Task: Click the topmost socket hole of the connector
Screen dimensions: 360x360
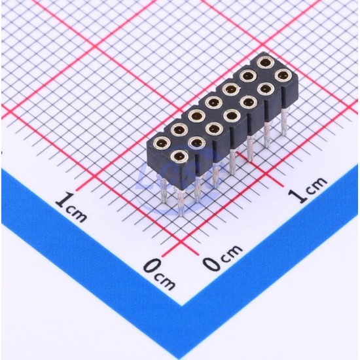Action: [264, 62]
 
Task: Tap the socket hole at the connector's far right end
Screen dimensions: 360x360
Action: [283, 75]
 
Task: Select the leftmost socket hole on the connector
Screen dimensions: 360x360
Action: [162, 143]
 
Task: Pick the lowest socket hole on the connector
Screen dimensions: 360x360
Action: [179, 156]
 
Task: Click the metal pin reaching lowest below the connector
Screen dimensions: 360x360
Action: [181, 202]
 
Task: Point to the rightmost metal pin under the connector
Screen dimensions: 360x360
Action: [285, 122]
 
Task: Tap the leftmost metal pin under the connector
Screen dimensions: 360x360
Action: [163, 189]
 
